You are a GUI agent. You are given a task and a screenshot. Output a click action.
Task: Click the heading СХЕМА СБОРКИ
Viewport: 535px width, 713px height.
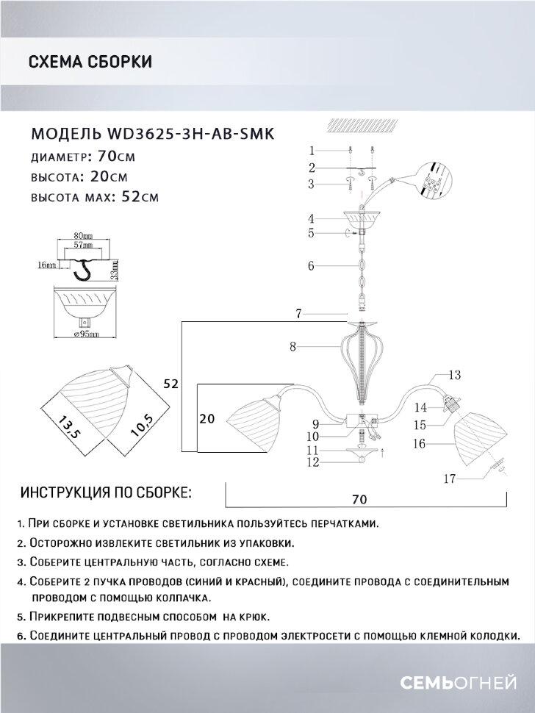[x=90, y=62]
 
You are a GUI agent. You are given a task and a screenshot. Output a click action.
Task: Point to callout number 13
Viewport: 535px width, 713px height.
[x=454, y=376]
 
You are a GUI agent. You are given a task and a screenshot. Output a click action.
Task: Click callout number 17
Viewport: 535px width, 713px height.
[x=449, y=479]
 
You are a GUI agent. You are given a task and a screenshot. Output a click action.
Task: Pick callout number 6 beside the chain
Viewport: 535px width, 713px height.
[x=312, y=266]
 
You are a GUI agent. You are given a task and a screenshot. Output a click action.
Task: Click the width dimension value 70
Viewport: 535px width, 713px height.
[x=359, y=499]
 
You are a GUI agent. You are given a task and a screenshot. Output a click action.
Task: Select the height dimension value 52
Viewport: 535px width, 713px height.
[x=170, y=383]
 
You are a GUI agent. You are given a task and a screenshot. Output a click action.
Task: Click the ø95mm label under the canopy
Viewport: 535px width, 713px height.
[x=87, y=335]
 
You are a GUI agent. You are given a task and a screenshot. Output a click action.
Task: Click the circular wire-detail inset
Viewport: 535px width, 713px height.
[x=434, y=181]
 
